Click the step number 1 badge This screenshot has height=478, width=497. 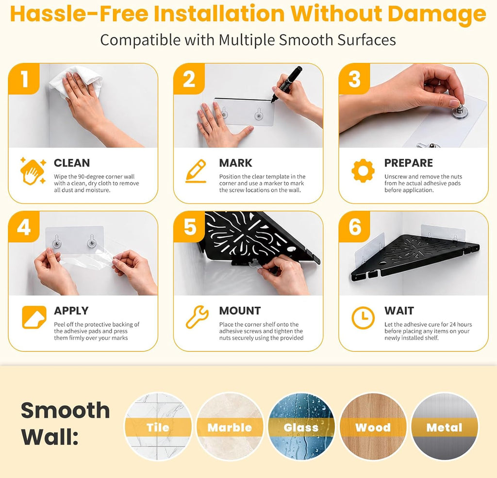pos(24,79)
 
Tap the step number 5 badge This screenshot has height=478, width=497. pos(190,227)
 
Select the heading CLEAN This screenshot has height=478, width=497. pos(72,163)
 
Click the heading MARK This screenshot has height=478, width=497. pos(235,163)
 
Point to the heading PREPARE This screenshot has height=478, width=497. pos(409,163)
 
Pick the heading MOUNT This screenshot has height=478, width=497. pos(240,311)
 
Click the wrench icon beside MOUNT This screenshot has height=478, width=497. pos(197,317)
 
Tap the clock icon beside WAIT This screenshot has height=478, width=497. pos(363,317)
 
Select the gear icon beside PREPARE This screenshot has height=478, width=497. pos(363,170)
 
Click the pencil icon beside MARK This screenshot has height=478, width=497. pos(196,171)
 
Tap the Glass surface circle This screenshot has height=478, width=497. pos(301,427)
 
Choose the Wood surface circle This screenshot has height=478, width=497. pos(373,427)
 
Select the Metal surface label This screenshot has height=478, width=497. pos(444,428)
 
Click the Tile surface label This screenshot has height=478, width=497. pos(158,428)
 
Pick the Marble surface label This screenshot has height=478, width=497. pos(230,428)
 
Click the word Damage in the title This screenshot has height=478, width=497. pos(436,14)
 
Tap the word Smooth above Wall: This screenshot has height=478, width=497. pos(66,410)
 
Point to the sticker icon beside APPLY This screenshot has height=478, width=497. pos(34,317)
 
